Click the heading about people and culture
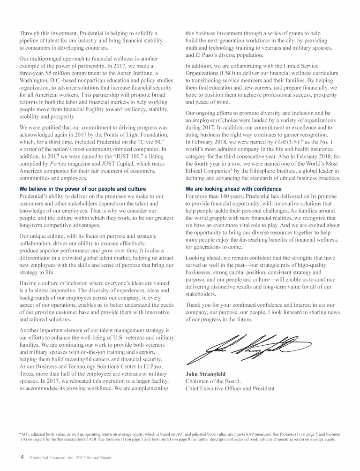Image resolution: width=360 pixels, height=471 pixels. [82, 189]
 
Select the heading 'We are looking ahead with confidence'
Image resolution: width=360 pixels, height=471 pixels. [234, 189]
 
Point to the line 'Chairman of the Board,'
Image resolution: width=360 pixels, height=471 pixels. [213, 381]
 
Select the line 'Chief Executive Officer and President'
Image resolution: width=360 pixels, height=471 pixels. [230, 388]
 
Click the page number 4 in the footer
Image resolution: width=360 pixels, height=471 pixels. [21, 457]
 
